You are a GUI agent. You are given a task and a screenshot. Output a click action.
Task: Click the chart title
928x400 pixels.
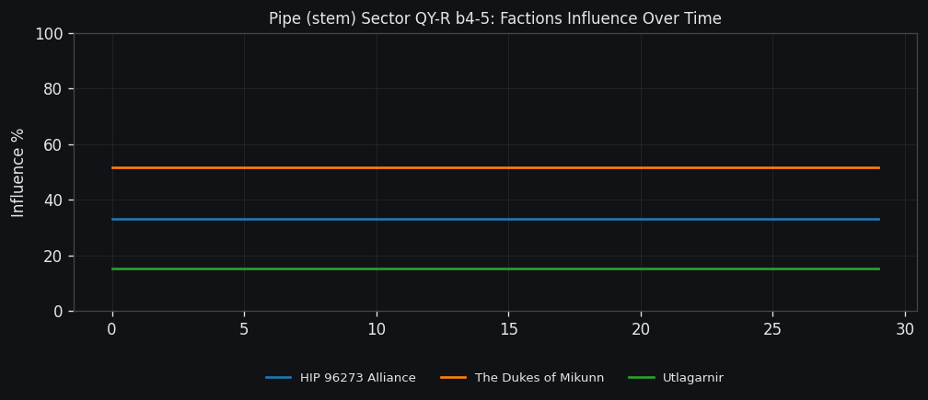point(494,18)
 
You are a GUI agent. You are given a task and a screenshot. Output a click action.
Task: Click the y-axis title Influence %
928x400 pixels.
point(18,172)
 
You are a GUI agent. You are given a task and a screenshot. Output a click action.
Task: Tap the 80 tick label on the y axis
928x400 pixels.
point(52,89)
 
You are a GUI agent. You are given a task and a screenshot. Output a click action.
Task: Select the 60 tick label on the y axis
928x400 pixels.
point(52,144)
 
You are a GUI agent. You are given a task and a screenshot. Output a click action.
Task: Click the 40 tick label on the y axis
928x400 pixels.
point(52,200)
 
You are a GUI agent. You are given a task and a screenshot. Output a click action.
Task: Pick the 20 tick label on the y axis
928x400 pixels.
point(52,256)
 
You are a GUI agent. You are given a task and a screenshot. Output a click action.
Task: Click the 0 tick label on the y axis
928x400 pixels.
point(57,311)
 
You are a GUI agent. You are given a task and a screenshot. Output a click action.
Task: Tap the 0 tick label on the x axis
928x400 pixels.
point(112,329)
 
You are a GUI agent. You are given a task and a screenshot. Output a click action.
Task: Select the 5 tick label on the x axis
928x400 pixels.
point(244,329)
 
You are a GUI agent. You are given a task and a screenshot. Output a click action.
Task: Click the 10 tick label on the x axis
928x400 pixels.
point(377,329)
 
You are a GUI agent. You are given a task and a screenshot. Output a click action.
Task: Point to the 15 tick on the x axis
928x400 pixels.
point(508,329)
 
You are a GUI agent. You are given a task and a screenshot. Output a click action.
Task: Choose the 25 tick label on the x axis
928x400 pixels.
point(772,329)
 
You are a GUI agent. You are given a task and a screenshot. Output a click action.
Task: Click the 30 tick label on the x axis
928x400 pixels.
point(905,329)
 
